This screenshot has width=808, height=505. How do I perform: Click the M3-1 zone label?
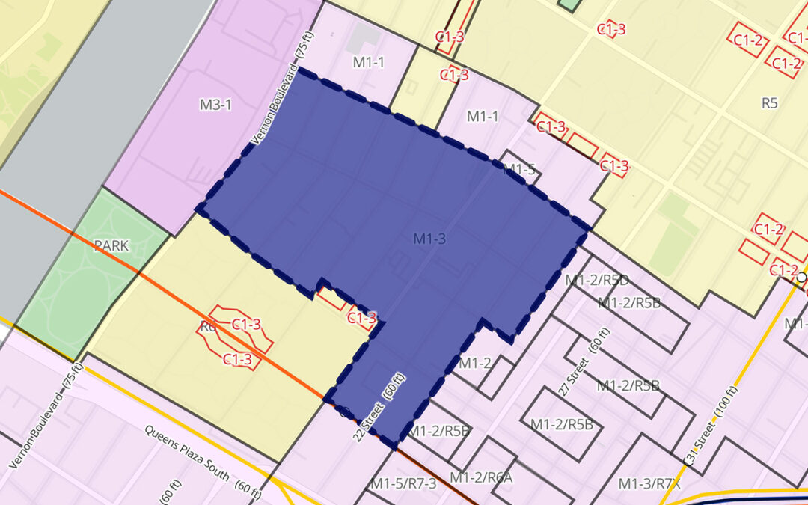215,105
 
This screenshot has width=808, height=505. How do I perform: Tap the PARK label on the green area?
111,245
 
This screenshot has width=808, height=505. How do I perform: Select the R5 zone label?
769,103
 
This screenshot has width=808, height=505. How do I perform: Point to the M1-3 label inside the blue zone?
429,239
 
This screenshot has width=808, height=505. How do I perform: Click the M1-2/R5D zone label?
597,281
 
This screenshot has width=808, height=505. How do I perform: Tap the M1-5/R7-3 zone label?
403,483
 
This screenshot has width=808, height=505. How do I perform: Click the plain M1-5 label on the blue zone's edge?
518,169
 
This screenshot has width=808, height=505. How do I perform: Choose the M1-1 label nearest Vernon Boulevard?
369,62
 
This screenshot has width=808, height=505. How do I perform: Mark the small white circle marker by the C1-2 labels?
801,277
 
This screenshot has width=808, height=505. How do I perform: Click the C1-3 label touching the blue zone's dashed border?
362,318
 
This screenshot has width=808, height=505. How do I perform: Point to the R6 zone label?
207,326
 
